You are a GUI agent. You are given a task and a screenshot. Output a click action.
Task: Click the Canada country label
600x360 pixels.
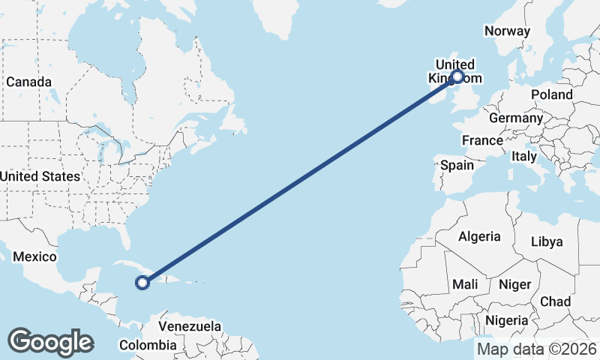[x=28, y=82]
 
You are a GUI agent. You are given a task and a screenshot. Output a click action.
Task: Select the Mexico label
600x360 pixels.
[x=34, y=256]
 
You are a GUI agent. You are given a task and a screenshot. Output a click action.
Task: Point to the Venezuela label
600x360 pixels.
[x=190, y=326]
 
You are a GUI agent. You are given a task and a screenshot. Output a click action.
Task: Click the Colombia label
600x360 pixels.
[x=148, y=345]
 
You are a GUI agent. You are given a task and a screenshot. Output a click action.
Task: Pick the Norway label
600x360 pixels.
[x=507, y=31]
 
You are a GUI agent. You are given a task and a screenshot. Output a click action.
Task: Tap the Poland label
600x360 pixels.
[x=551, y=94]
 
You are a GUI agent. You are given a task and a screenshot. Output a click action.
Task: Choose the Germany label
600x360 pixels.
[x=515, y=118]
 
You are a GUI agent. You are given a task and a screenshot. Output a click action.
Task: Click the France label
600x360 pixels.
[x=482, y=140]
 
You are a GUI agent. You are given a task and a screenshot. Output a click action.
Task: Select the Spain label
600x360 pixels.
[x=457, y=165]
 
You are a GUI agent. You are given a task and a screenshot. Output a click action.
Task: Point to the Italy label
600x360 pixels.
[x=524, y=157]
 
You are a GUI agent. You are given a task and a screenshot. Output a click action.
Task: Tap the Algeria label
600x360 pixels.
[x=479, y=236]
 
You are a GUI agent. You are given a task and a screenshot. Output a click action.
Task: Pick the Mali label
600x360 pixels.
[x=465, y=285]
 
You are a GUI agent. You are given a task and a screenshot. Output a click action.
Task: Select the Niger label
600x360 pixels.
[x=514, y=285]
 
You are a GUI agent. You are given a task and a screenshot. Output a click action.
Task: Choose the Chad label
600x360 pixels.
[x=555, y=301]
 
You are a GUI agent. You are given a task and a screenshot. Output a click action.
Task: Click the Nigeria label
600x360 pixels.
[x=508, y=322]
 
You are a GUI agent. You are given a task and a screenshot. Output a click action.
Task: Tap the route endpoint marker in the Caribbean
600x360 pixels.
[x=142, y=283]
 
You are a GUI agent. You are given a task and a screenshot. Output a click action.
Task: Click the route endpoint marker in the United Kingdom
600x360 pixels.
[x=457, y=76]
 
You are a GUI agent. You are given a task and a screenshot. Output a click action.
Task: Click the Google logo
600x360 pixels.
[x=50, y=341]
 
